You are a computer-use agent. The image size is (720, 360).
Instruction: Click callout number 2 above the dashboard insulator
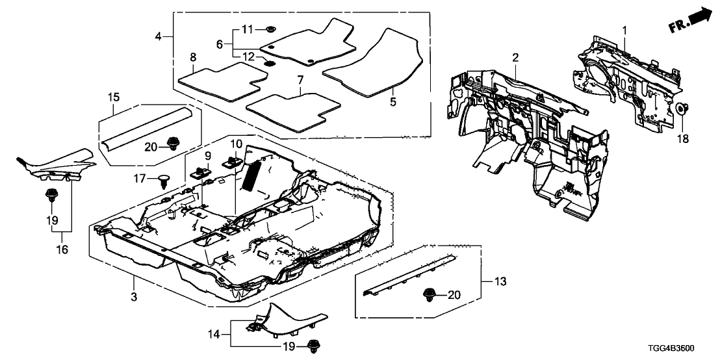coord(515,58)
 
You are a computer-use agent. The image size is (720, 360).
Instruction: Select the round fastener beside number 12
coord(268,64)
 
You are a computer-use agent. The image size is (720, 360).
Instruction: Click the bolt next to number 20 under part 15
coord(173,144)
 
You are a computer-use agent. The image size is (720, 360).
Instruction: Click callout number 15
coord(113,97)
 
